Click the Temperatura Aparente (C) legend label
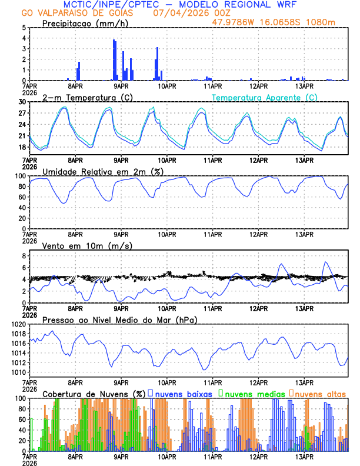(x=264, y=97)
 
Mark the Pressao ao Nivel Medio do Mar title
(x=119, y=319)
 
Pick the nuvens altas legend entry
(x=320, y=393)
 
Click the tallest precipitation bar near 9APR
(x=114, y=60)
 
